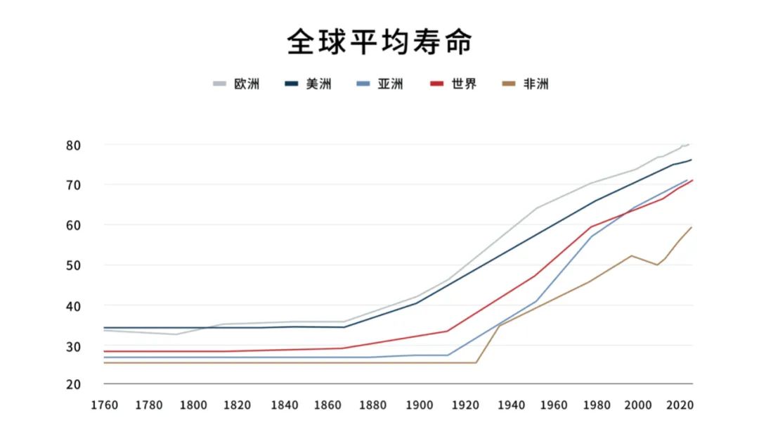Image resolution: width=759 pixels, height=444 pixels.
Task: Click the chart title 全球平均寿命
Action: [x=379, y=42]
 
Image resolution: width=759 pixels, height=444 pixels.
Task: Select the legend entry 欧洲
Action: [x=247, y=84]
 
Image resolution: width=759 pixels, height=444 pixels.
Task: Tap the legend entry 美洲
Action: [x=318, y=84]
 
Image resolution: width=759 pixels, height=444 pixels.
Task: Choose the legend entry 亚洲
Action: [x=390, y=84]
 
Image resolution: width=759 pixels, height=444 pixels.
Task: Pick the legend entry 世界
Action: [x=464, y=84]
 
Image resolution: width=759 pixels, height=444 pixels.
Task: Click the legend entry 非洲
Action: [x=536, y=84]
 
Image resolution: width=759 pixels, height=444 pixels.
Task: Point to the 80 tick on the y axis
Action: [x=93, y=145]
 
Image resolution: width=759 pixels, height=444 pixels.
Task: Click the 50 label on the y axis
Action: [x=93, y=266]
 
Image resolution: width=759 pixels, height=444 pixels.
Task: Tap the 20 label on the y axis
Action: [x=93, y=384]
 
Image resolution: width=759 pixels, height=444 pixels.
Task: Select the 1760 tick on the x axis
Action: [x=105, y=405]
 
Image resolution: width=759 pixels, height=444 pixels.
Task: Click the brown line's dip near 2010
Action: [x=657, y=265]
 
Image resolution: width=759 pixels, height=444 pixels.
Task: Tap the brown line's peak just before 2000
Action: [x=632, y=255]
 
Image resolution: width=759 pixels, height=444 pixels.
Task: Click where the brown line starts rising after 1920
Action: [x=476, y=362]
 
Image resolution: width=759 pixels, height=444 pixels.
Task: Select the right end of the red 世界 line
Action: [x=692, y=180]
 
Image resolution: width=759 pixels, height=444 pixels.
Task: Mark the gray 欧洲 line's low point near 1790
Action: [x=176, y=334]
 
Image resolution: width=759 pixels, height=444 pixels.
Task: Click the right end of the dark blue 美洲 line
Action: [x=692, y=160]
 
